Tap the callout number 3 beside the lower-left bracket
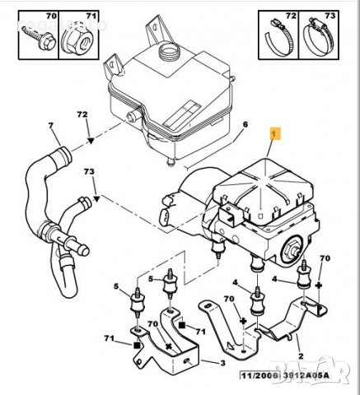222,362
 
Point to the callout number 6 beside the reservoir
245,124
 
